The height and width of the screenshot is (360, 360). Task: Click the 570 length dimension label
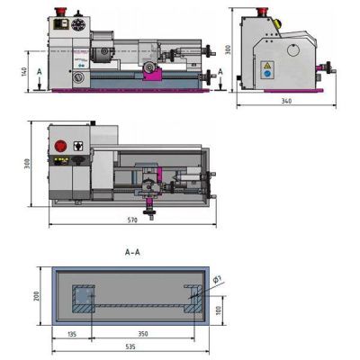click(132, 220)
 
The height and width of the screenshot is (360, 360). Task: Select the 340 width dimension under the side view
click(286, 101)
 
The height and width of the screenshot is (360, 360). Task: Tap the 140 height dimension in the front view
click(24, 71)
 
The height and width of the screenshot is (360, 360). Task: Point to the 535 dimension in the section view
click(130, 346)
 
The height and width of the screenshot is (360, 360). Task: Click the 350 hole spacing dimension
click(143, 334)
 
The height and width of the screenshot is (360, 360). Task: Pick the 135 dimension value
click(72, 334)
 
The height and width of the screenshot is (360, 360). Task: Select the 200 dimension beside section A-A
click(36, 296)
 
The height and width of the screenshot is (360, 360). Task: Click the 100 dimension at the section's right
click(219, 310)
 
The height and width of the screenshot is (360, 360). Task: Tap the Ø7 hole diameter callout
click(218, 280)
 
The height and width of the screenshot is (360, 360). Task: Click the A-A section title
click(132, 252)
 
